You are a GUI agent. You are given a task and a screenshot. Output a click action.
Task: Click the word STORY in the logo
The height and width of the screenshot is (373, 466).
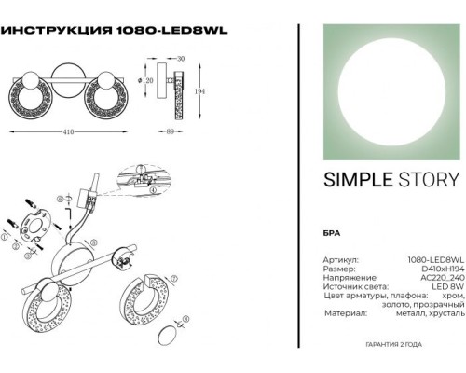pos(430,180)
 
